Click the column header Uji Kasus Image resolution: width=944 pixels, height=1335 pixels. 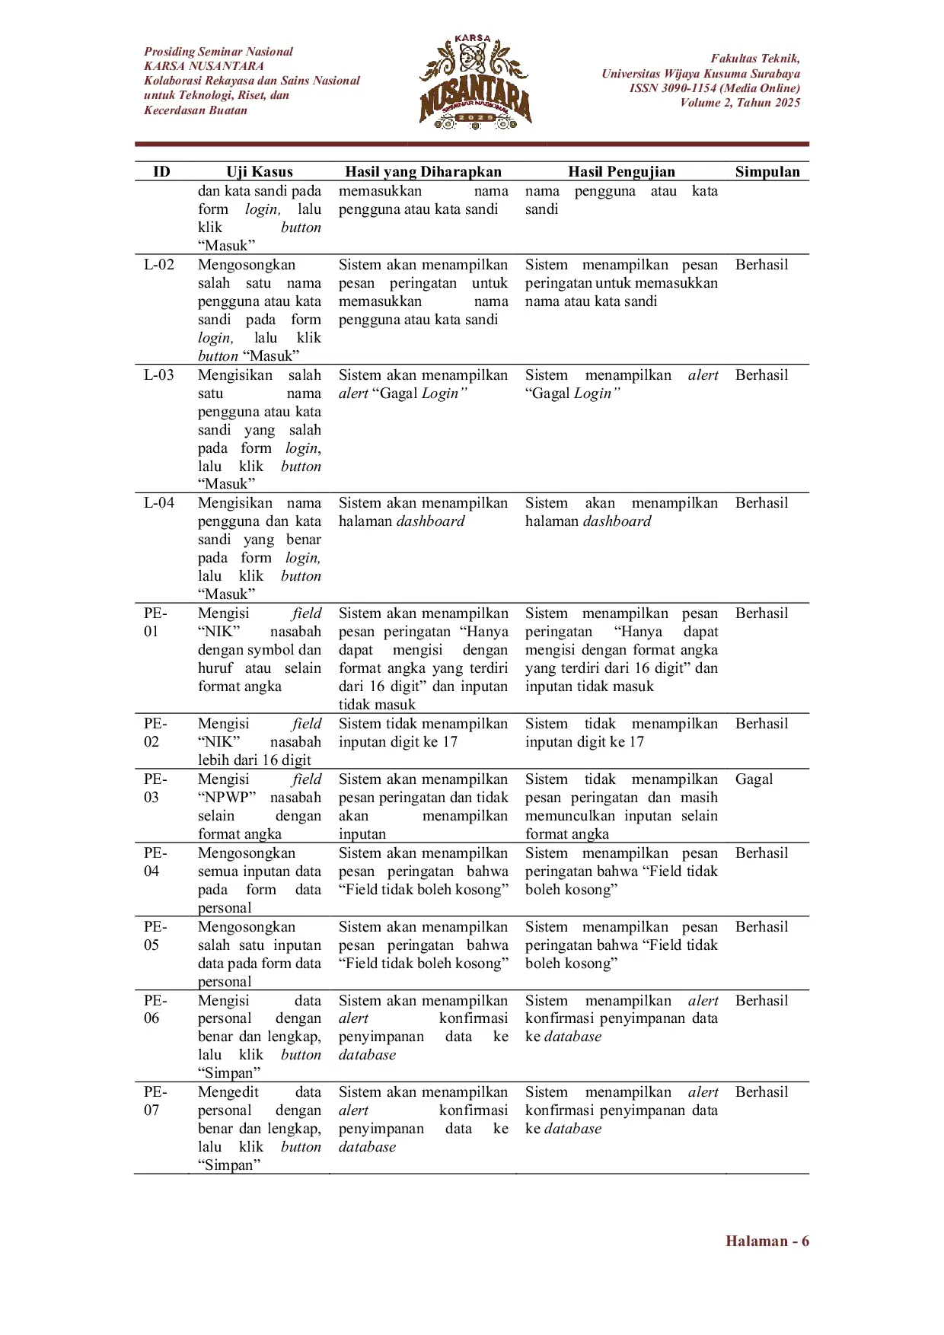pos(259,171)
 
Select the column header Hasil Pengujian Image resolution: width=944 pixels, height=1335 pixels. pos(621,171)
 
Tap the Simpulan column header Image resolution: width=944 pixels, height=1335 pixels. pos(767,171)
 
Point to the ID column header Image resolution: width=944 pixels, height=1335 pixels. pos(161,171)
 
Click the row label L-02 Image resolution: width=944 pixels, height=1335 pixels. pos(159,265)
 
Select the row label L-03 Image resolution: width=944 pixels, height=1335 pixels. pos(159,375)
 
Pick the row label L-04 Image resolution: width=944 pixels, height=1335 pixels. pos(159,503)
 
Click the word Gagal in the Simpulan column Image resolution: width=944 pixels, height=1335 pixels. pos(754,779)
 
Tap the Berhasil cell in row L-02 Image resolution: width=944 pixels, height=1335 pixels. pos(761,265)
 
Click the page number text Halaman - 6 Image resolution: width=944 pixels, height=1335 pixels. pos(767,1241)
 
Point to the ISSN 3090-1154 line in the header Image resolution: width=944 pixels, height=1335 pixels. pos(714,88)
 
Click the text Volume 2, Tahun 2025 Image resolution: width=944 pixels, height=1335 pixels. pos(740,103)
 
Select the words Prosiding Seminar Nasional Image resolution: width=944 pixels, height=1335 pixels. pos(218,52)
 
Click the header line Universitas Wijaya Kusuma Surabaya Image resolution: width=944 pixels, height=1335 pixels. pos(700,74)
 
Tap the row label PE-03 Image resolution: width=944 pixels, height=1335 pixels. pos(155,788)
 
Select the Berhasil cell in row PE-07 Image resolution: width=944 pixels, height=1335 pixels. pos(761,1092)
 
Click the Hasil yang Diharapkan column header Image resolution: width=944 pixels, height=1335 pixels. pos(423,171)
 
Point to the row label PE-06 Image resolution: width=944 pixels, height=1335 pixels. pos(155,1009)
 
